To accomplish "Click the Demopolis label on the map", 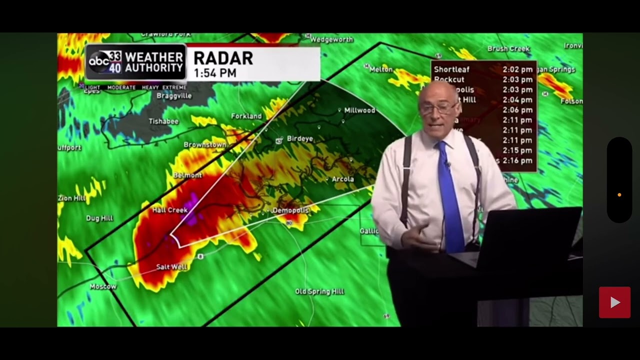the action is coord(291,211).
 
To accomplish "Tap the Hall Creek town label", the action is coord(170,210).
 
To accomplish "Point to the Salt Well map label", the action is coord(171,267).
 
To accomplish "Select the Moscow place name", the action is coord(103,286).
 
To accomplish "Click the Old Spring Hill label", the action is coord(319,291).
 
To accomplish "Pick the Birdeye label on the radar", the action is coord(300,139).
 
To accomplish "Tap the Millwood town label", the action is coord(359,110).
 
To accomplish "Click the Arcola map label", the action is coord(343,179).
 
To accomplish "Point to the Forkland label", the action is coord(246,116).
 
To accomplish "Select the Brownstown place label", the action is coord(205,145).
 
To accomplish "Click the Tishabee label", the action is coord(164,121).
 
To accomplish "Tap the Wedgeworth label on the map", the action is coord(331,39).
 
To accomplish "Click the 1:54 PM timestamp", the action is coord(215,73).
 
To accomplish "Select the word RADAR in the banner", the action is coord(223,58).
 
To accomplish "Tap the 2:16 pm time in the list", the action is coord(517,160).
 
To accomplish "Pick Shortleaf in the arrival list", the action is coord(451,69).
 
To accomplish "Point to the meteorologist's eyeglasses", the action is coord(438,107).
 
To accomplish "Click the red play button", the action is coord(614,302).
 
